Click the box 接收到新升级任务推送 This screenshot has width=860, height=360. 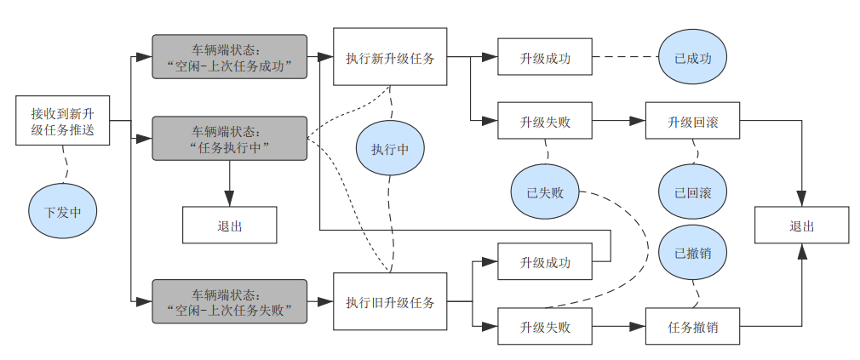pos(62,120)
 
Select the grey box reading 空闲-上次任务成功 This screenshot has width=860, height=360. pos(229,56)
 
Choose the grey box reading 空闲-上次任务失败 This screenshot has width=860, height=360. pos(229,301)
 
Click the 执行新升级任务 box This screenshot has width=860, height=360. pos(390,58)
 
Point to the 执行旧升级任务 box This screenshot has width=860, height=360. pos(390,301)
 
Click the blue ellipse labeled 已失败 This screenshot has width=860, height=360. pos(545,191)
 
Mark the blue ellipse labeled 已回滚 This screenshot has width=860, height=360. pos(693,191)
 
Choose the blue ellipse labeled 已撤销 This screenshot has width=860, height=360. pos(693,253)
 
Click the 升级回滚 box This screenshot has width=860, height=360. pos(692,122)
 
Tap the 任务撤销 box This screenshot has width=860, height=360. pos(692,326)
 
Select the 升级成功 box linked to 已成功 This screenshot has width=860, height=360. pos(545,58)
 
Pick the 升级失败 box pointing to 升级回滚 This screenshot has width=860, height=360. pos(545,122)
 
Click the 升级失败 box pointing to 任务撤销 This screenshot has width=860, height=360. pos(545,326)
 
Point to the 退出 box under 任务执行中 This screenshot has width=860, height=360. pos(230,226)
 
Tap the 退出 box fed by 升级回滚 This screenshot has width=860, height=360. pos(801,226)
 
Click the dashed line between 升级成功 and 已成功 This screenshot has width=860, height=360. pos(626,58)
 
